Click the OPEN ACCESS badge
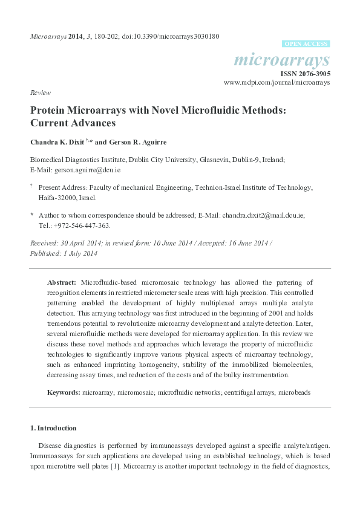point(306,44)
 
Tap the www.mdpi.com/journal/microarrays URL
point(277,82)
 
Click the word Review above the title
point(39,93)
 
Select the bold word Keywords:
point(64,392)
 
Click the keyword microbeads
point(295,392)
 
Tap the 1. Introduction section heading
point(53,429)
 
